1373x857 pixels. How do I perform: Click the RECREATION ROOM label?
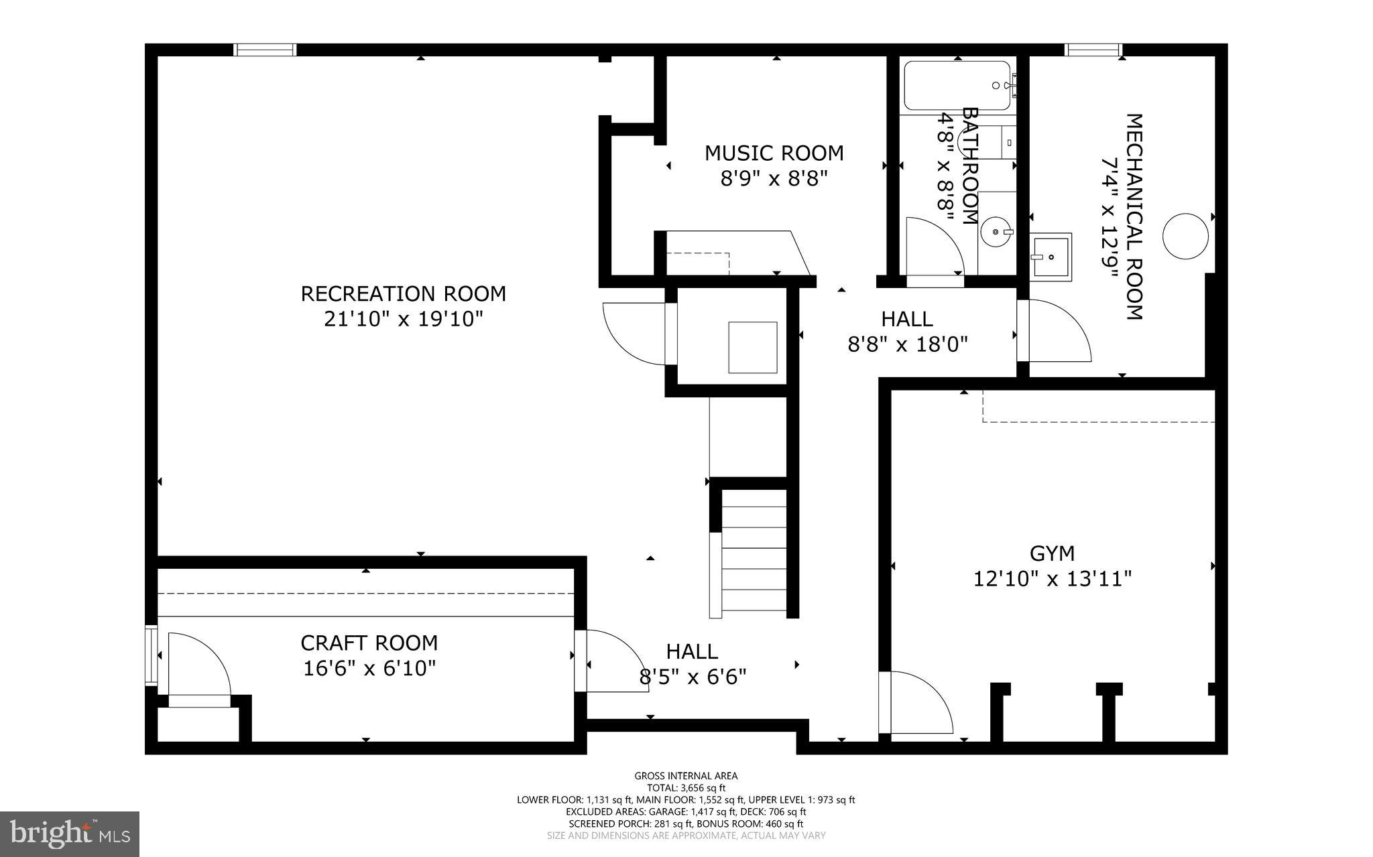[403, 294]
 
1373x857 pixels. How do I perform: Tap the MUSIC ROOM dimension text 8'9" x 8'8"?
[774, 179]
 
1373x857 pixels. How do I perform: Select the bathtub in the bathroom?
[957, 86]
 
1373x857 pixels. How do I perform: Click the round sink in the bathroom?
[996, 233]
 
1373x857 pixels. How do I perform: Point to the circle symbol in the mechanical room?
[1185, 236]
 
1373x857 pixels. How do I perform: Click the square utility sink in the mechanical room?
[1051, 256]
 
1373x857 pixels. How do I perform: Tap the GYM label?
[1052, 553]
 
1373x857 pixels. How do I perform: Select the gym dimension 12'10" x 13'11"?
[1052, 578]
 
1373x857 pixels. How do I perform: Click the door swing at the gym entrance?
[915, 704]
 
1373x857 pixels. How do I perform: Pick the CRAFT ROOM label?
[369, 643]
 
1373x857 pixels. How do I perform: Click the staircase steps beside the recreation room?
[754, 551]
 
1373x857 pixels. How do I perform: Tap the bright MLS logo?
[70, 834]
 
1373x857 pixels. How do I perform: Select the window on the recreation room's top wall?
[265, 50]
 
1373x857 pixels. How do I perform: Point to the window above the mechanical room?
[1093, 50]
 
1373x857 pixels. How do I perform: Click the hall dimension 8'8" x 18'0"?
[908, 344]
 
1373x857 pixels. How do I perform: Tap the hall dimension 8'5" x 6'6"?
[693, 677]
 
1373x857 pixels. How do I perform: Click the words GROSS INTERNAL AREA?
[686, 776]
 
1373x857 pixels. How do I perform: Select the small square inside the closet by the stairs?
[753, 347]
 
